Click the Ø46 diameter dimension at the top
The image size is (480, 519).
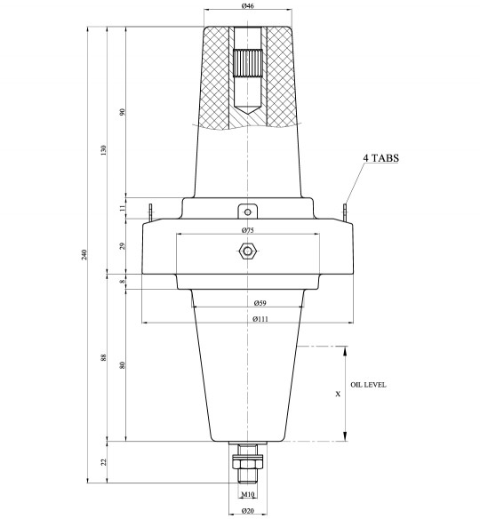[248, 6]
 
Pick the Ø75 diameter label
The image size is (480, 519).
[248, 230]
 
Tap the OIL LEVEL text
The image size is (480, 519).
[368, 385]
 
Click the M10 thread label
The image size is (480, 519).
[248, 493]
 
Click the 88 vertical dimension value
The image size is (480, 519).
[104, 358]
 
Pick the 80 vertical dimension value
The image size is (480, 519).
[123, 364]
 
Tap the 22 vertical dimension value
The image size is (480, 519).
[104, 461]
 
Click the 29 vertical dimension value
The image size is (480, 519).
[123, 245]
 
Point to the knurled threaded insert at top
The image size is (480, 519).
[248, 63]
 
